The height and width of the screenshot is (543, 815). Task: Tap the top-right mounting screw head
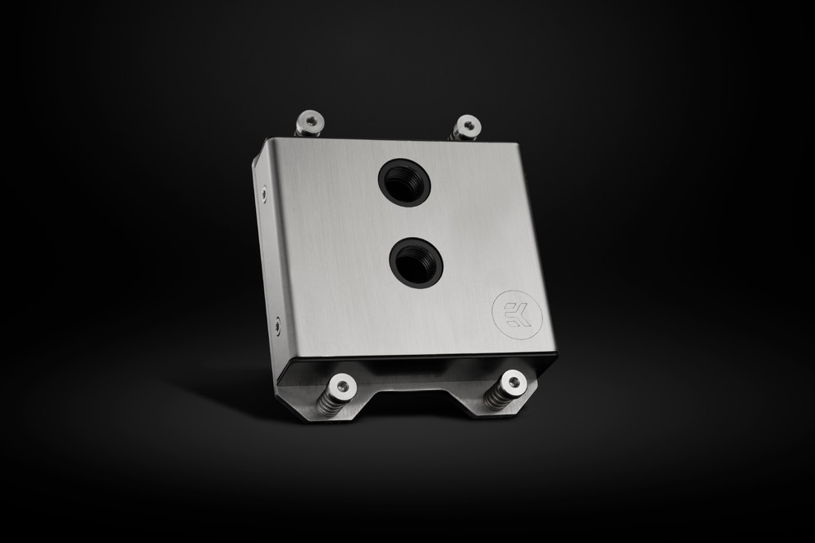point(467,126)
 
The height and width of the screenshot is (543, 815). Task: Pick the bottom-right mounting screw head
point(511,381)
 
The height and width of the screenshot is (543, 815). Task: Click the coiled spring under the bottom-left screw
point(329,403)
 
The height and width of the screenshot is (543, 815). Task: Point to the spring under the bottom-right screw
point(498,398)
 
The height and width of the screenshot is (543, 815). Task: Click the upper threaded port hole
point(404,182)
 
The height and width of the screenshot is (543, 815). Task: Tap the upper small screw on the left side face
point(263,193)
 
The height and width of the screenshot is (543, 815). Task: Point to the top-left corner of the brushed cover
point(264,140)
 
